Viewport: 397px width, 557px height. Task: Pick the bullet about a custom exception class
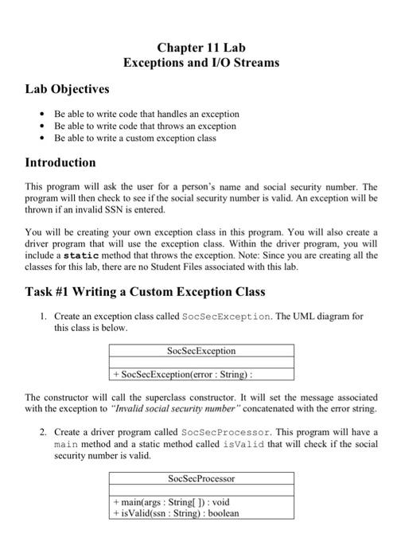134,138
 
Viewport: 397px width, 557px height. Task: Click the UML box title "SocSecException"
201,350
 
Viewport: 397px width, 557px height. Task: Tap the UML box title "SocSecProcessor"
201,478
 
